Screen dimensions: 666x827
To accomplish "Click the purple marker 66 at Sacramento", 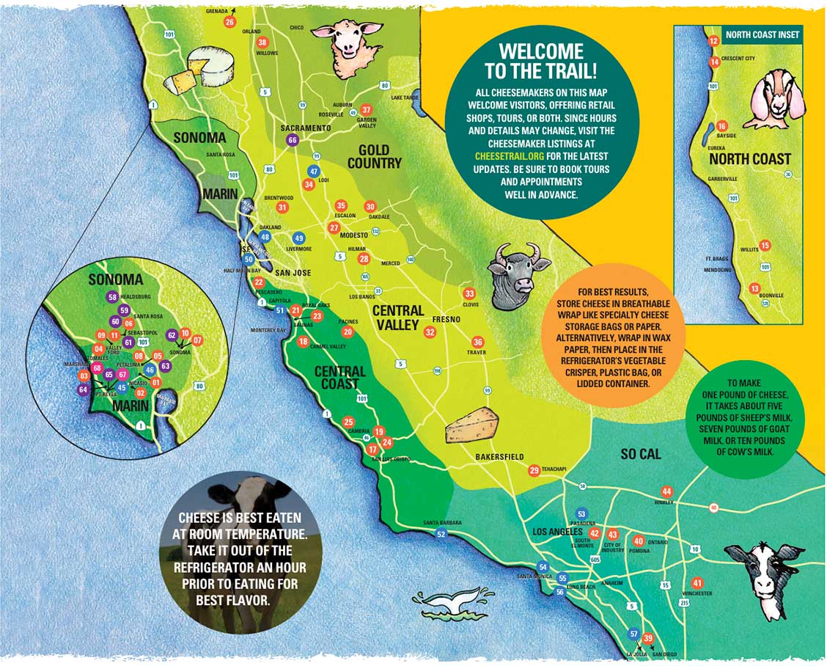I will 293,139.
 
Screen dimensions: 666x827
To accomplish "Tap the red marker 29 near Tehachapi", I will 534,470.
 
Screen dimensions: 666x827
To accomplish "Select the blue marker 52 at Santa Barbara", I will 441,534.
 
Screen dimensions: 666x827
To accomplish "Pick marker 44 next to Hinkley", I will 666,491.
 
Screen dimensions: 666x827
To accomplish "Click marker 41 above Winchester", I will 697,583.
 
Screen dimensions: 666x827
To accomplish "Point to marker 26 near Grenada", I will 229,22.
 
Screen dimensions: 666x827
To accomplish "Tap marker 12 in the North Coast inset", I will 713,42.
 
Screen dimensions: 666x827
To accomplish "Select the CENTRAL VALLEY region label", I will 398,318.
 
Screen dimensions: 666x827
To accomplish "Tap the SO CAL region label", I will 640,454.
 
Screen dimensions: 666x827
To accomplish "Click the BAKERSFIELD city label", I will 499,457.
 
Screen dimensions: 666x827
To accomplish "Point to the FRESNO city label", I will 446,320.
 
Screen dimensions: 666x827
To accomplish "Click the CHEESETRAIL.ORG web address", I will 510,156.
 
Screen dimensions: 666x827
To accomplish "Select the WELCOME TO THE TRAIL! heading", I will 540,61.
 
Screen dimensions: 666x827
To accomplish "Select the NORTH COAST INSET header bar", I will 762,34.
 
